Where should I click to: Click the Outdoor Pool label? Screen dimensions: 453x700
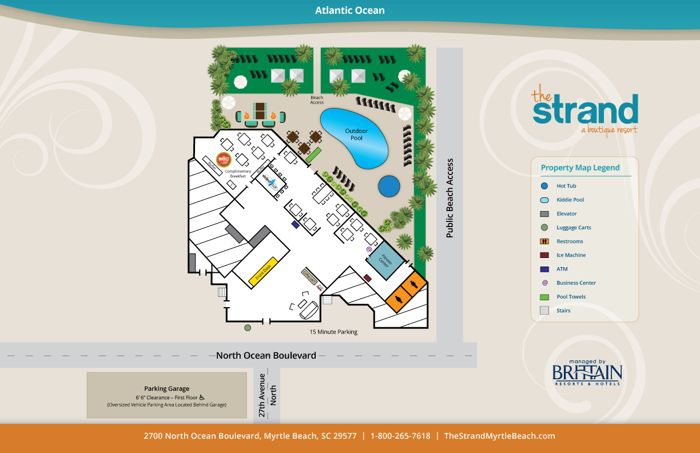pos(356,134)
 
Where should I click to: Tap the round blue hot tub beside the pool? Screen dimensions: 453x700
pos(389,185)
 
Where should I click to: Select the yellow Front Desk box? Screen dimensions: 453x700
pos(263,272)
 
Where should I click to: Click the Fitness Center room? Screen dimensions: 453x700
pos(385,260)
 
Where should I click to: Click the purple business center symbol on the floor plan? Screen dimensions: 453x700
pos(369,249)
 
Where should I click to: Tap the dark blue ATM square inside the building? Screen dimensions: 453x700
pos(295,225)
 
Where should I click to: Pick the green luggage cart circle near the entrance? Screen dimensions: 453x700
pos(248,328)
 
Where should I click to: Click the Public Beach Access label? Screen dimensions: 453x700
pos(450,198)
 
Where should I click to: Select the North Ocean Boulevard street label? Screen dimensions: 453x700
pos(266,355)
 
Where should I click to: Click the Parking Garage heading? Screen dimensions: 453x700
pos(166,388)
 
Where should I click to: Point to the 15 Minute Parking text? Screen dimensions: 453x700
pos(333,332)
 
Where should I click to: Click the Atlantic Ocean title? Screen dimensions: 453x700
pos(350,10)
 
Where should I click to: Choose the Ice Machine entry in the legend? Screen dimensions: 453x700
pos(571,255)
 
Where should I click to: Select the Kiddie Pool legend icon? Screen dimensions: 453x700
pos(544,200)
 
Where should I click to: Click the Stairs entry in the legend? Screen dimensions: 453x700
pos(563,311)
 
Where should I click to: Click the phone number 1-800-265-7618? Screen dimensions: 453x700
pos(400,436)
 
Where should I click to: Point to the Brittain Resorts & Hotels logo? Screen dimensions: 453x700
pos(587,373)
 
